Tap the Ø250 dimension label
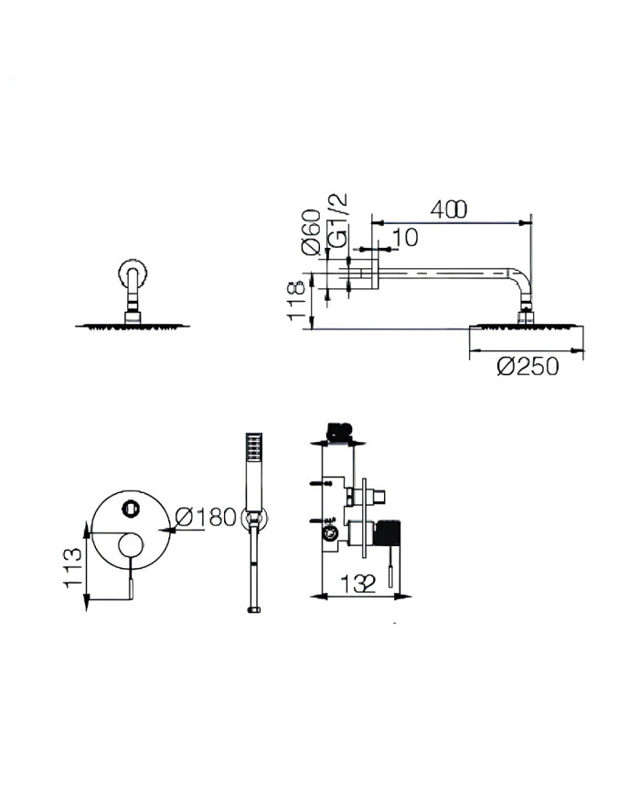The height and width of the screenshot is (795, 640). point(528,366)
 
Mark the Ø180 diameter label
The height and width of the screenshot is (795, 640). point(205,517)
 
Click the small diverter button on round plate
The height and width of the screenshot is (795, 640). point(129,503)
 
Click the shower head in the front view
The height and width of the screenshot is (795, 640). point(130,326)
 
